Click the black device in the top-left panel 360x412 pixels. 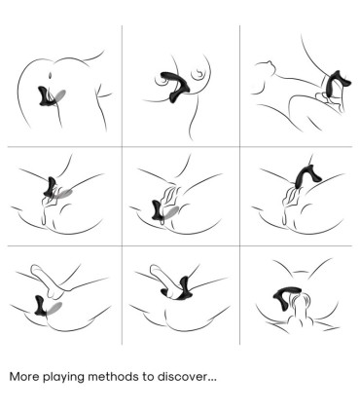point(44,96)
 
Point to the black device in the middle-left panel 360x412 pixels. point(50,187)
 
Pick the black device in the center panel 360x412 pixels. point(158,209)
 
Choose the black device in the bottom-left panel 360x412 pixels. point(41,306)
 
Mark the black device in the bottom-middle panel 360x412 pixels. point(180,290)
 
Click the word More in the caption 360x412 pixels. point(24,377)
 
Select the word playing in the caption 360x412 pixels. point(63,378)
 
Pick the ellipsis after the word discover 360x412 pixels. point(212,381)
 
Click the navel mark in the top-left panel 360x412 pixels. point(50,75)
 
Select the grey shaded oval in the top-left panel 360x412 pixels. point(59,95)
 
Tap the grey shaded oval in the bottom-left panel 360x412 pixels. point(54,309)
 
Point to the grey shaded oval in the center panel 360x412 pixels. point(171,212)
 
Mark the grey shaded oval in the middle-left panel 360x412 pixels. point(63,194)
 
